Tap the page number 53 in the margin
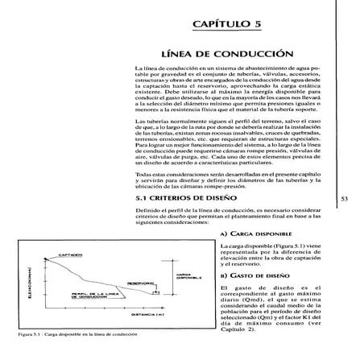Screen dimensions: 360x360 (x=344, y=196)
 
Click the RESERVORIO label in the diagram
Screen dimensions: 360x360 (x=139, y=283)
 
